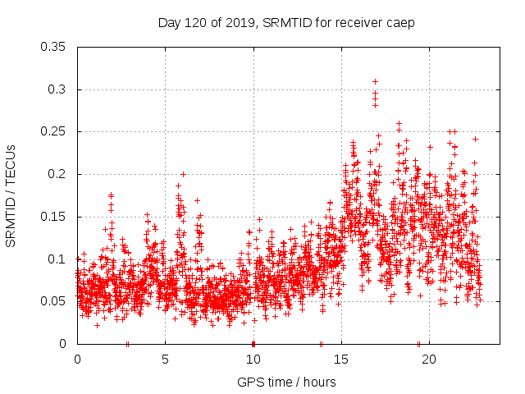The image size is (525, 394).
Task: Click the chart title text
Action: pos(286,22)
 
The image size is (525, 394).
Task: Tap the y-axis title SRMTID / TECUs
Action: pos(11,195)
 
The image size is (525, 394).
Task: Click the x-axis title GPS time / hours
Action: pos(286,382)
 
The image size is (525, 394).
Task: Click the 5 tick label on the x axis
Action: pos(165,359)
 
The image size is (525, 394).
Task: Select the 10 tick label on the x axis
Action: pos(253,359)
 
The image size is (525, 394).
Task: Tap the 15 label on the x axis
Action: pos(341,359)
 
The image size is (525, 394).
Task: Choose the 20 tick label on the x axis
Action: pos(429,359)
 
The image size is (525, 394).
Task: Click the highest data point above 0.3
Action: pos(375,81)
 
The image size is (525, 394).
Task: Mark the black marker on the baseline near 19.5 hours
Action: pos(418,344)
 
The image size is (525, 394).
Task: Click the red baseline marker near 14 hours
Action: pos(321,344)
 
